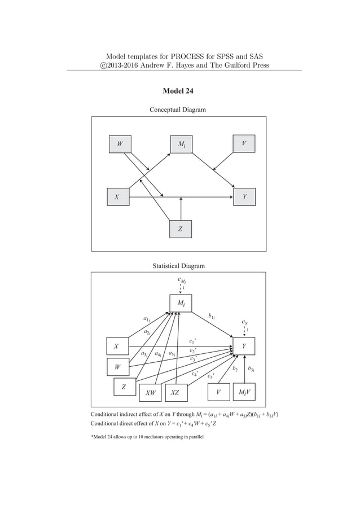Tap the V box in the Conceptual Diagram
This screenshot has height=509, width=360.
(243, 144)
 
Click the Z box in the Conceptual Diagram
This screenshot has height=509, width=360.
(180, 229)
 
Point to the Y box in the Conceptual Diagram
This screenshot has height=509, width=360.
(244, 198)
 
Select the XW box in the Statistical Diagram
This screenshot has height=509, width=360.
(150, 392)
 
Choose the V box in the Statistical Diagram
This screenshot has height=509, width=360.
(218, 392)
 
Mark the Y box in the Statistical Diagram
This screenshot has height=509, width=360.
(244, 346)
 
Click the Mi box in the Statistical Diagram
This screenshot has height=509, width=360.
(181, 303)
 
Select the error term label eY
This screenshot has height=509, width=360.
(244, 322)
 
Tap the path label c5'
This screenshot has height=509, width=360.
(211, 376)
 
